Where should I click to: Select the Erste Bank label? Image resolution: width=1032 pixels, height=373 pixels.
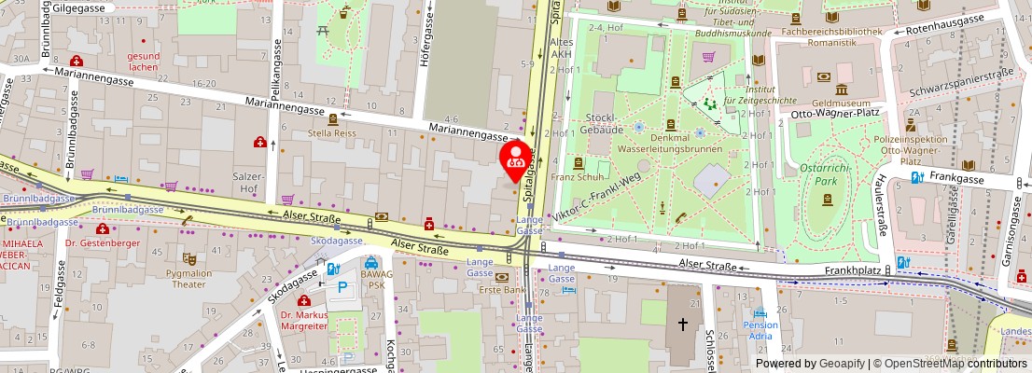point(501,289)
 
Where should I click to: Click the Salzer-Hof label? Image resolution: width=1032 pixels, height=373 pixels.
point(246,182)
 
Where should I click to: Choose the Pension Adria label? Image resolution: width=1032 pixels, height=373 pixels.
point(760,330)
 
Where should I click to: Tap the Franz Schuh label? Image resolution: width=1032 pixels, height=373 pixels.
point(578,176)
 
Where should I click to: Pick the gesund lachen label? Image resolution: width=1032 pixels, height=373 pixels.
point(143,61)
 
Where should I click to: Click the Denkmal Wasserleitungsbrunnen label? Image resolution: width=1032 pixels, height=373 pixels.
point(678,143)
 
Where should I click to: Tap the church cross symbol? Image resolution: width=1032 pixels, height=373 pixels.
point(683,325)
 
